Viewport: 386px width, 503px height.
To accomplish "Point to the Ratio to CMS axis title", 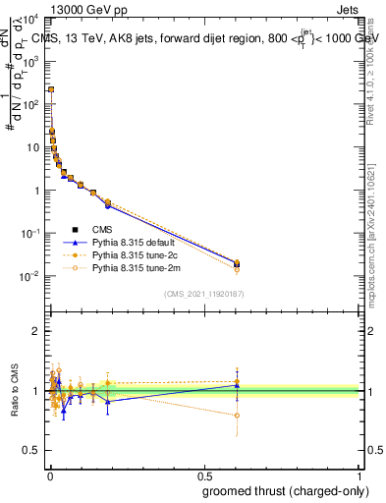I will [14, 393].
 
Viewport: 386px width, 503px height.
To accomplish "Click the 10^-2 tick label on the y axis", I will [29, 276].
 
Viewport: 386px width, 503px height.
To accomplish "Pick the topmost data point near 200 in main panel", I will [50, 89].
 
